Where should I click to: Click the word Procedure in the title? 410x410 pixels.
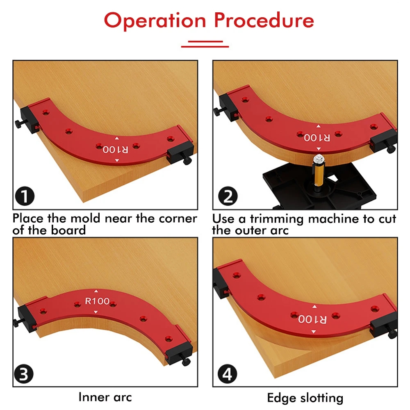click(264, 20)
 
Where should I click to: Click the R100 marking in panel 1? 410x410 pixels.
click(115, 150)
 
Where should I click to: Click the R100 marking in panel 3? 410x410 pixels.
click(97, 301)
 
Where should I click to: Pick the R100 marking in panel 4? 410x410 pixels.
click(313, 319)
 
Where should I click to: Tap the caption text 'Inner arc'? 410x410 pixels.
click(105, 397)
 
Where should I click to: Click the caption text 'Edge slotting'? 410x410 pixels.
click(305, 398)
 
